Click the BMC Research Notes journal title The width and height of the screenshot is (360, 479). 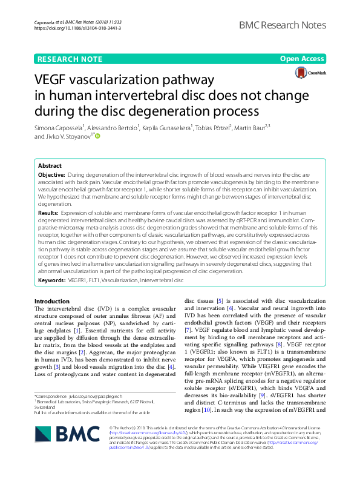coord(282,25)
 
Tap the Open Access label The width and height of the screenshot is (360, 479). coord(303,59)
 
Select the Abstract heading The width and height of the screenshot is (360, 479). coord(50,165)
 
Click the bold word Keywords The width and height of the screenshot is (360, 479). coord(51,281)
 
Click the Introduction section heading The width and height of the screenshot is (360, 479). coord(52,301)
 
